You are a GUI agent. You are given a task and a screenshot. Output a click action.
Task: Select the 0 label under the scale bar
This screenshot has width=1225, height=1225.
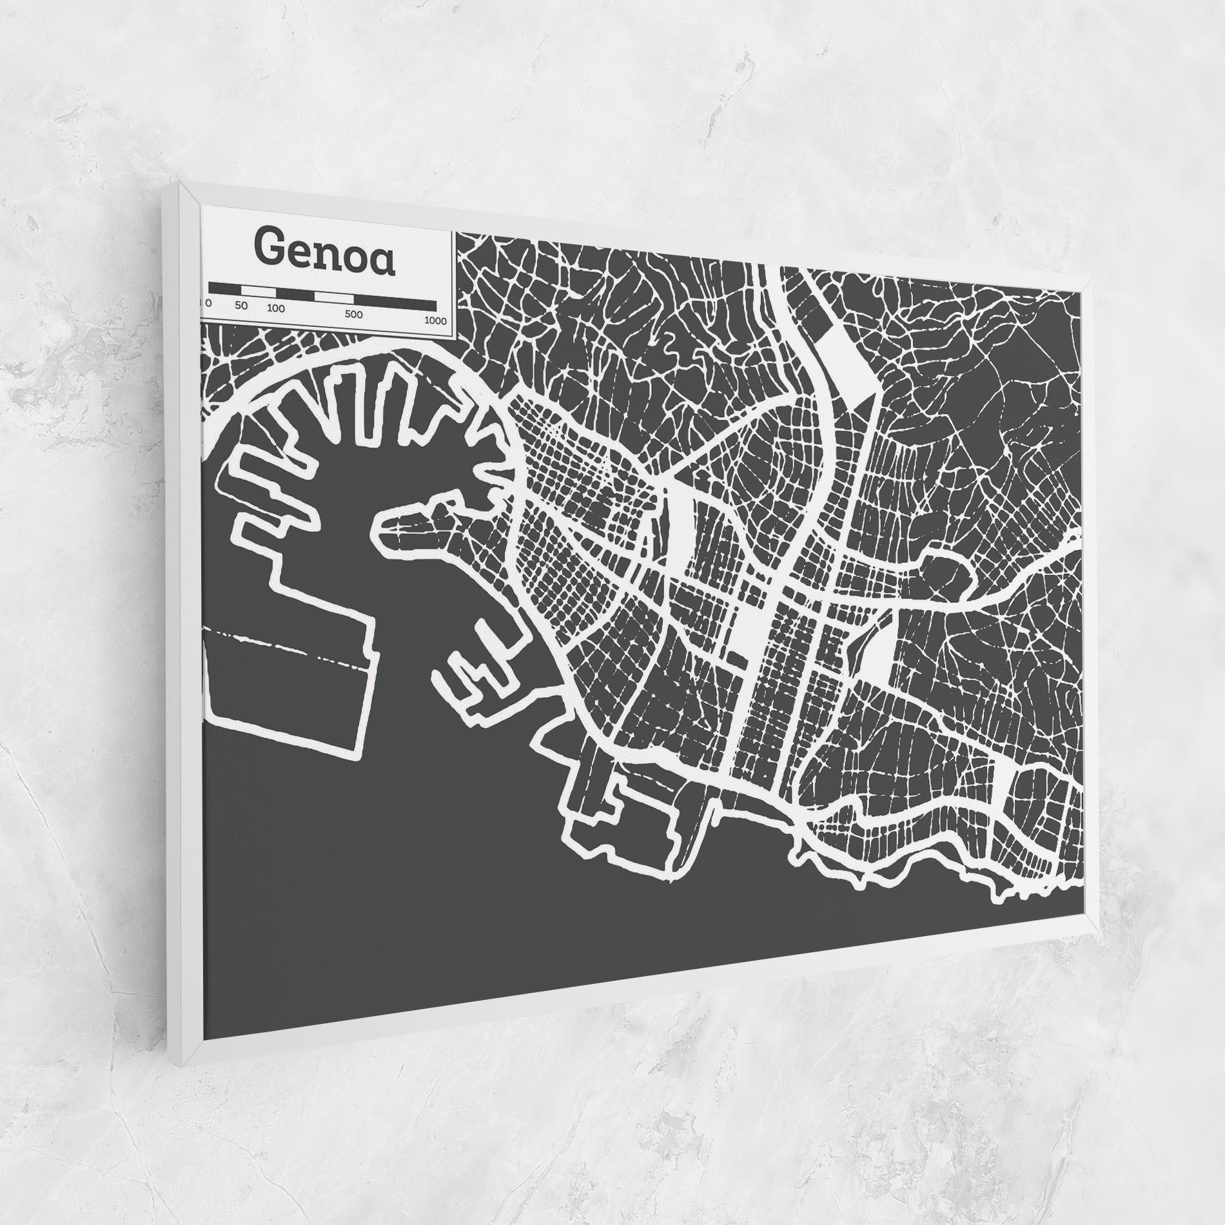coord(208,302)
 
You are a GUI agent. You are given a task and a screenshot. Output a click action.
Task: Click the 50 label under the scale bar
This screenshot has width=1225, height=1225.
coord(241,305)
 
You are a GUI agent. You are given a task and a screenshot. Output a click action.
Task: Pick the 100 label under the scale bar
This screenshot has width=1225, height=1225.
coord(275,308)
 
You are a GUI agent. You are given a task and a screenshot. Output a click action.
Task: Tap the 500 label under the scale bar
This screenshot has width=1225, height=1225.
coord(353,315)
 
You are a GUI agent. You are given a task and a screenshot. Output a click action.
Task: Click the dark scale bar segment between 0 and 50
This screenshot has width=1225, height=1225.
coord(230,288)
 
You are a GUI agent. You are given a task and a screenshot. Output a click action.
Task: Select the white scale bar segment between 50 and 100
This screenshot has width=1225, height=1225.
coord(262,291)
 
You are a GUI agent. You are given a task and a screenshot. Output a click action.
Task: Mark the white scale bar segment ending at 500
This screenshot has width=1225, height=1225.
coord(333,297)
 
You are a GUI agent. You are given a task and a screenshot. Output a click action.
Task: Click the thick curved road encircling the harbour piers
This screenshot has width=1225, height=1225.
coord(361,358)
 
